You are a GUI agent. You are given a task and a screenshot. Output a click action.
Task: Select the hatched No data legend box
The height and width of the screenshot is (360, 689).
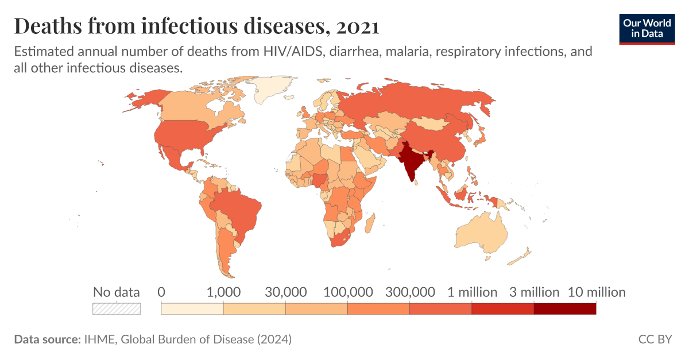117,309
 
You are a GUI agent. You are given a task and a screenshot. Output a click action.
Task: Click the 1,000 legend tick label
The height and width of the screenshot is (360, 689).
223,292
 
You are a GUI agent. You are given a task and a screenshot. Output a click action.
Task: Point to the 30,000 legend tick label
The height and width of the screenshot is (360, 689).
285,292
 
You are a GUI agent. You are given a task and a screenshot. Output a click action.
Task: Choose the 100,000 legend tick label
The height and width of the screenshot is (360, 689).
348,292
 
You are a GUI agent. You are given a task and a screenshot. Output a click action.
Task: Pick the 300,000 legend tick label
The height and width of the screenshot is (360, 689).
410,292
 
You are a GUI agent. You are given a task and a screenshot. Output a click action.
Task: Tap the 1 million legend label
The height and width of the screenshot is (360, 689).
472,292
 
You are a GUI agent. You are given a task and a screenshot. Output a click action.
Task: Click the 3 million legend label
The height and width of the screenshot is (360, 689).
534,292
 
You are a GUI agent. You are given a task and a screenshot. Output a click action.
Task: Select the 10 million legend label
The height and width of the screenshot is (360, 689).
597,292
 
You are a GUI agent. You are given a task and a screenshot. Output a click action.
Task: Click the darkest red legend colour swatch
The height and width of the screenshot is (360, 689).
565,309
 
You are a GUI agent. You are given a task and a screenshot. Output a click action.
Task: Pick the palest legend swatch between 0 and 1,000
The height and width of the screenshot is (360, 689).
192,309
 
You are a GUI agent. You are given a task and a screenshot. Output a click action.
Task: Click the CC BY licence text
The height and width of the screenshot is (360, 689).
655,339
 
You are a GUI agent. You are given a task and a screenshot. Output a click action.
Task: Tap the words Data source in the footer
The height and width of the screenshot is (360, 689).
47,339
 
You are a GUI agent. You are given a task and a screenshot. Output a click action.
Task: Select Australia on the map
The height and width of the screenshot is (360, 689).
482,233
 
